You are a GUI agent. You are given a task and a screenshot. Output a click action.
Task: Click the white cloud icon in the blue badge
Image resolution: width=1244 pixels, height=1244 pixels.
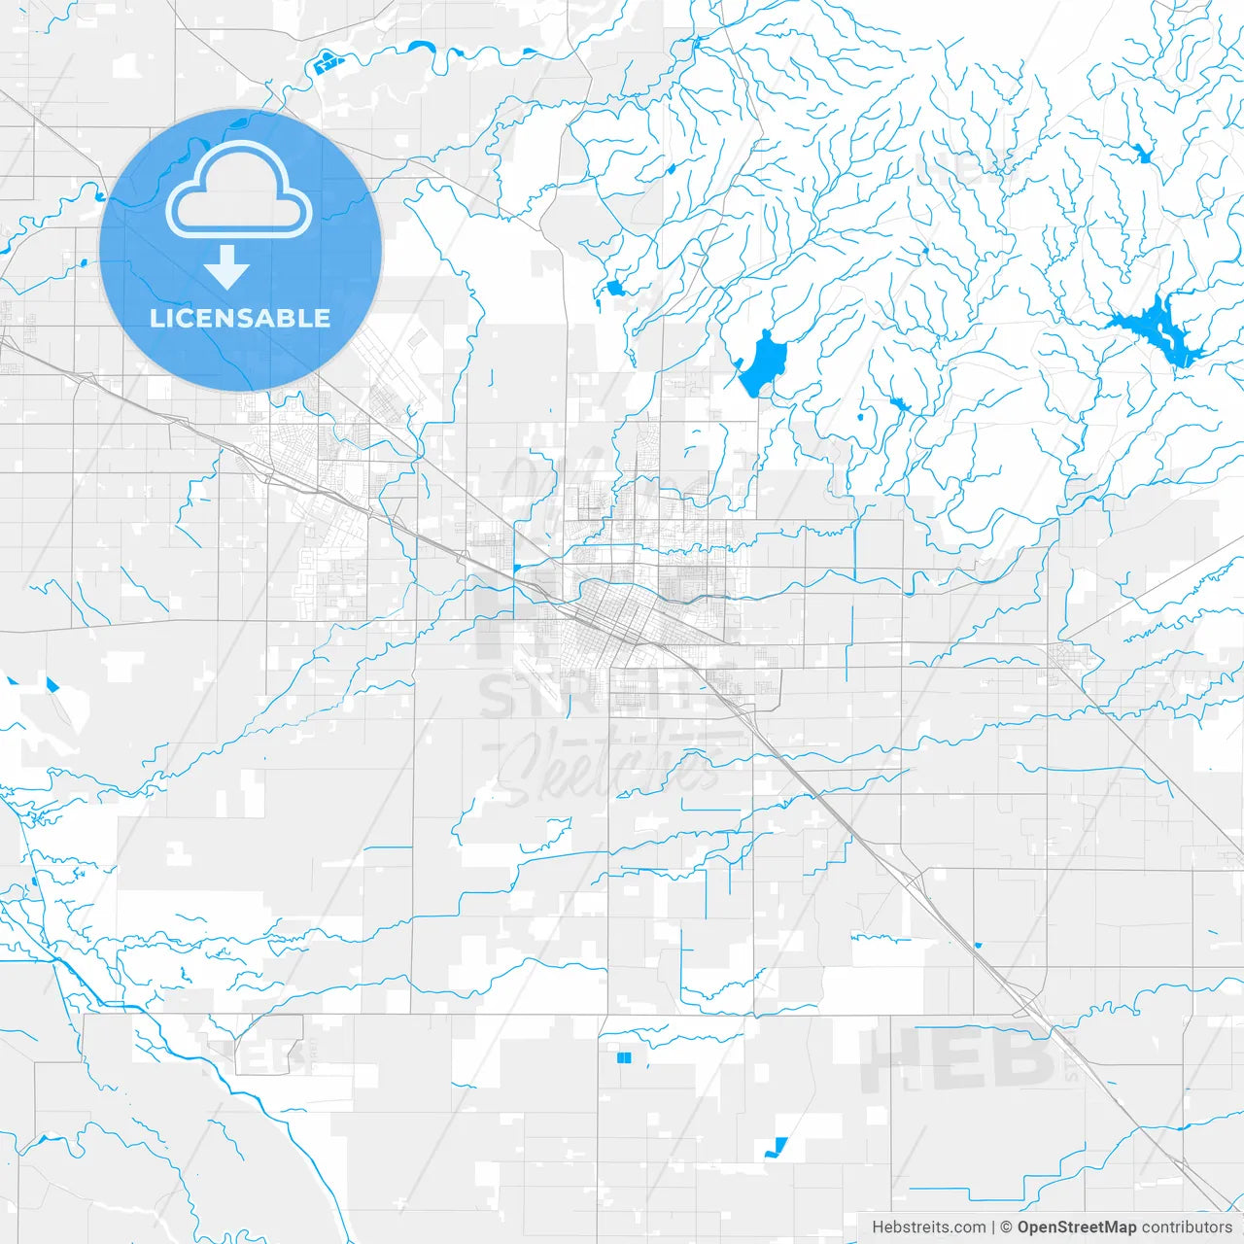click(239, 190)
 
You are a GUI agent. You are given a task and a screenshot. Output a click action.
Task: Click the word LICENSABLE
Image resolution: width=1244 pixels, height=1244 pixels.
click(240, 318)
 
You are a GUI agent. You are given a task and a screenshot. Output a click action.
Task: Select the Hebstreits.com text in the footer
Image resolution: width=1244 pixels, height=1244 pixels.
click(928, 1227)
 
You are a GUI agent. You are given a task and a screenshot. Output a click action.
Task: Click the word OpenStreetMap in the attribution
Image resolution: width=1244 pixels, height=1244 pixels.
click(1076, 1227)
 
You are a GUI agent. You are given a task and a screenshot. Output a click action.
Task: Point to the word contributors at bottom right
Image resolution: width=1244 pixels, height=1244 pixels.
click(1187, 1227)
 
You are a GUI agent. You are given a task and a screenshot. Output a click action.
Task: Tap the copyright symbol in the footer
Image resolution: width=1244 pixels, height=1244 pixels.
click(1006, 1227)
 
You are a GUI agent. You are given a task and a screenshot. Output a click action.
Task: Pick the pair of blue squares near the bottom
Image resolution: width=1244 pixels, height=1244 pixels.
click(624, 1056)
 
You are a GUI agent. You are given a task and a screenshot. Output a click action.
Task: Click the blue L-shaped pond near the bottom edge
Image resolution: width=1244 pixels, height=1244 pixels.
click(776, 1148)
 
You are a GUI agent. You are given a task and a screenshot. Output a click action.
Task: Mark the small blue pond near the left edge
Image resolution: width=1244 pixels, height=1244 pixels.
click(52, 684)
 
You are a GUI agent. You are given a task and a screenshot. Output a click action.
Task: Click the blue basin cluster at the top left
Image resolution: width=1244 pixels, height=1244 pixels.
click(327, 64)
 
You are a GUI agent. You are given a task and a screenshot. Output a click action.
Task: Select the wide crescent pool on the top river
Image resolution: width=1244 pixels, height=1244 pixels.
click(423, 45)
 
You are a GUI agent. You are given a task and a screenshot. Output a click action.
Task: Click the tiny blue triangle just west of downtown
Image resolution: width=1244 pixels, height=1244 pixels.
click(516, 567)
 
